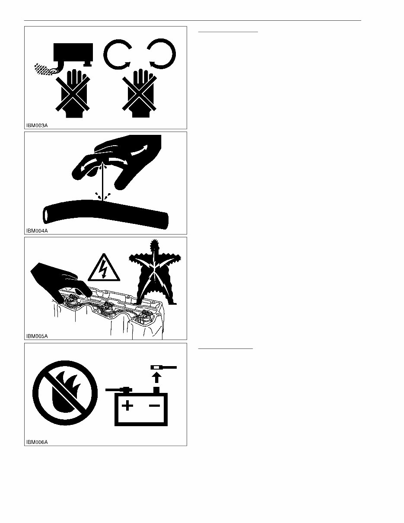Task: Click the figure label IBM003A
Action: click(37, 125)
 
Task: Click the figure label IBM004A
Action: click(37, 231)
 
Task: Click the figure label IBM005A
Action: click(37, 336)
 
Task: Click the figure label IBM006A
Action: click(37, 442)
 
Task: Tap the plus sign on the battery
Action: click(127, 405)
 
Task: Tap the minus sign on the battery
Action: click(155, 405)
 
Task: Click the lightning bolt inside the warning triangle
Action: click(104, 269)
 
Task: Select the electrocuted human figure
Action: click(155, 272)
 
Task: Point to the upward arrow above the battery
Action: click(157, 377)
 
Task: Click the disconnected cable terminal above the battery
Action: click(164, 367)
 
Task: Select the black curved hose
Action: click(105, 214)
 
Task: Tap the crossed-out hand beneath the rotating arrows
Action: click(140, 93)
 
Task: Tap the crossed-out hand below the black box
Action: click(73, 93)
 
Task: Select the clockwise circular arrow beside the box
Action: click(118, 54)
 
